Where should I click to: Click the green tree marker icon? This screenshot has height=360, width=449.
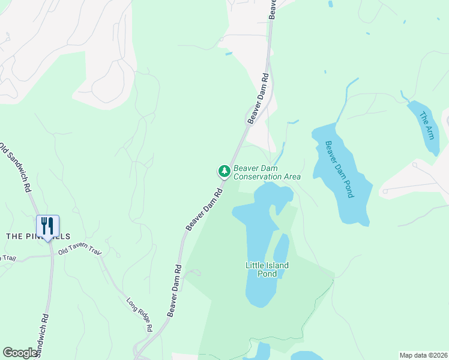point(224,172)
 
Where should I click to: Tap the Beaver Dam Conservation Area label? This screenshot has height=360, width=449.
point(267,172)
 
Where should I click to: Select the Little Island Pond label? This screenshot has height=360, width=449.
point(267,269)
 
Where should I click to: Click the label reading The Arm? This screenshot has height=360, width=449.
point(426,126)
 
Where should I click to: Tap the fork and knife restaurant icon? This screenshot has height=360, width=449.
point(47,226)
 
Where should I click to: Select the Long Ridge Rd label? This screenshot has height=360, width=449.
point(139,315)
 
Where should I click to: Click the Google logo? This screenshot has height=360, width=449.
point(20,353)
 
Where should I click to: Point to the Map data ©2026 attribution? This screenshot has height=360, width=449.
point(423,355)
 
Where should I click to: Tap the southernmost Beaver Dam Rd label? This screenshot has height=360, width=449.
point(175,291)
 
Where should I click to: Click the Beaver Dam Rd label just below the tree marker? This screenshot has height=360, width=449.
point(205,209)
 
